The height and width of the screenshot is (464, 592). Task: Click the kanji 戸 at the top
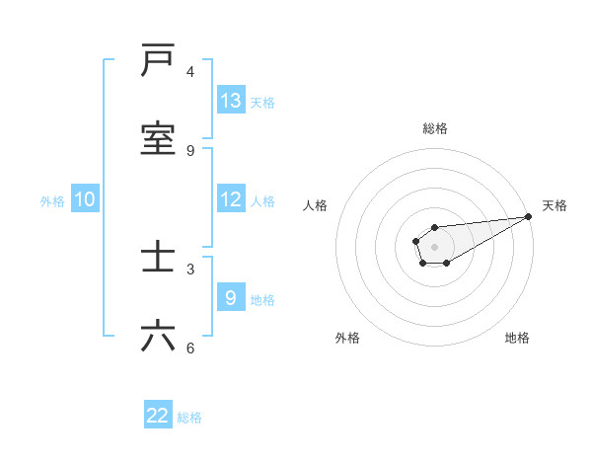(158, 61)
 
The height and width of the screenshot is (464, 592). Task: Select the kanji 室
(158, 138)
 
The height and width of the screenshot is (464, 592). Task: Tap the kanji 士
(158, 258)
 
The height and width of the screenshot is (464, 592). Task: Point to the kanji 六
(158, 337)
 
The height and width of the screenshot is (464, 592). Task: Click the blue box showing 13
(231, 101)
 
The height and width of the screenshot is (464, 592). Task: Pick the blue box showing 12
(231, 199)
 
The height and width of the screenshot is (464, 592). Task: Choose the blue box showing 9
(231, 298)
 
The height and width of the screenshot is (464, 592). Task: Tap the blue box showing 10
(85, 199)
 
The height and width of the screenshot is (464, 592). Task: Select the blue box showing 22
(158, 416)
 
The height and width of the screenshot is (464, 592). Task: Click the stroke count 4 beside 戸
(190, 72)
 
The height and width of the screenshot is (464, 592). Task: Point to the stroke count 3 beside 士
(190, 269)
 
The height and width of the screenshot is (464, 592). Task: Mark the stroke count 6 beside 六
(190, 348)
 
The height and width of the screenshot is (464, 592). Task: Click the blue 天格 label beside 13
(262, 102)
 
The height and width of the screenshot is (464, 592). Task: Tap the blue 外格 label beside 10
(52, 200)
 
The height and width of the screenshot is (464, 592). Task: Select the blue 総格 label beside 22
(189, 417)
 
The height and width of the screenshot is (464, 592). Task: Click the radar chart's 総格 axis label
(434, 128)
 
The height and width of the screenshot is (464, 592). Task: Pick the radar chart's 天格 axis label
(555, 205)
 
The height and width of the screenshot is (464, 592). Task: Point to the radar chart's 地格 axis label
(517, 338)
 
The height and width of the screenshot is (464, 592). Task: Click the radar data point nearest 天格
(528, 216)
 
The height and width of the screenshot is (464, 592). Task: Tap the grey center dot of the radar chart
(434, 245)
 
